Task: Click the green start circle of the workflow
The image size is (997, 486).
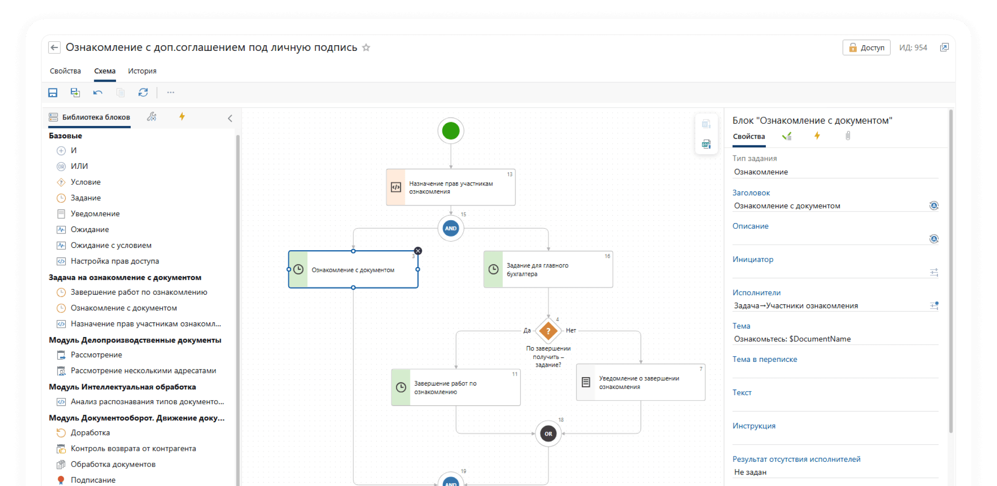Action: (x=450, y=131)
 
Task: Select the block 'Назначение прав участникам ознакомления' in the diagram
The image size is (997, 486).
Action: (x=450, y=187)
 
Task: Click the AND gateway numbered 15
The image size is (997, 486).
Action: (x=450, y=228)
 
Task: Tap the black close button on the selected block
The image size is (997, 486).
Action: (x=418, y=251)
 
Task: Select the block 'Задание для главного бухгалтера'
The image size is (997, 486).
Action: (x=548, y=269)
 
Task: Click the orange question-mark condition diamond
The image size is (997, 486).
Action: (x=548, y=330)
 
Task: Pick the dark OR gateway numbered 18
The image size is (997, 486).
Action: (x=548, y=434)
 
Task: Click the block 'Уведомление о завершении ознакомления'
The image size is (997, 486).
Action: (x=640, y=382)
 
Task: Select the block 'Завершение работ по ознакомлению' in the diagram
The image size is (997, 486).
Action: (x=456, y=388)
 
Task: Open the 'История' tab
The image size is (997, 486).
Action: (x=142, y=71)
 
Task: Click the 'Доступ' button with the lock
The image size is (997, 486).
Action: (x=866, y=48)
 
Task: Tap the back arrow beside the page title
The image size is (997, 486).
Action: (x=54, y=47)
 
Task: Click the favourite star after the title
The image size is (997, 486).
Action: (x=366, y=48)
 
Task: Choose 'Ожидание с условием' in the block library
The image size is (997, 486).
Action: (x=111, y=245)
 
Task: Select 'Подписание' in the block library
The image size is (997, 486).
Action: (x=93, y=480)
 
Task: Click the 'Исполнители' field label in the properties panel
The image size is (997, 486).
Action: (x=756, y=292)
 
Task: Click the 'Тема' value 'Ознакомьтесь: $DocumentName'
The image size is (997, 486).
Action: (x=792, y=339)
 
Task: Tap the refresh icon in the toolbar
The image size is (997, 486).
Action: (x=143, y=92)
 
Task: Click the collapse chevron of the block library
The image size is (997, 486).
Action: (x=230, y=118)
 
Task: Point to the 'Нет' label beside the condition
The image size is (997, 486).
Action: (x=571, y=330)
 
